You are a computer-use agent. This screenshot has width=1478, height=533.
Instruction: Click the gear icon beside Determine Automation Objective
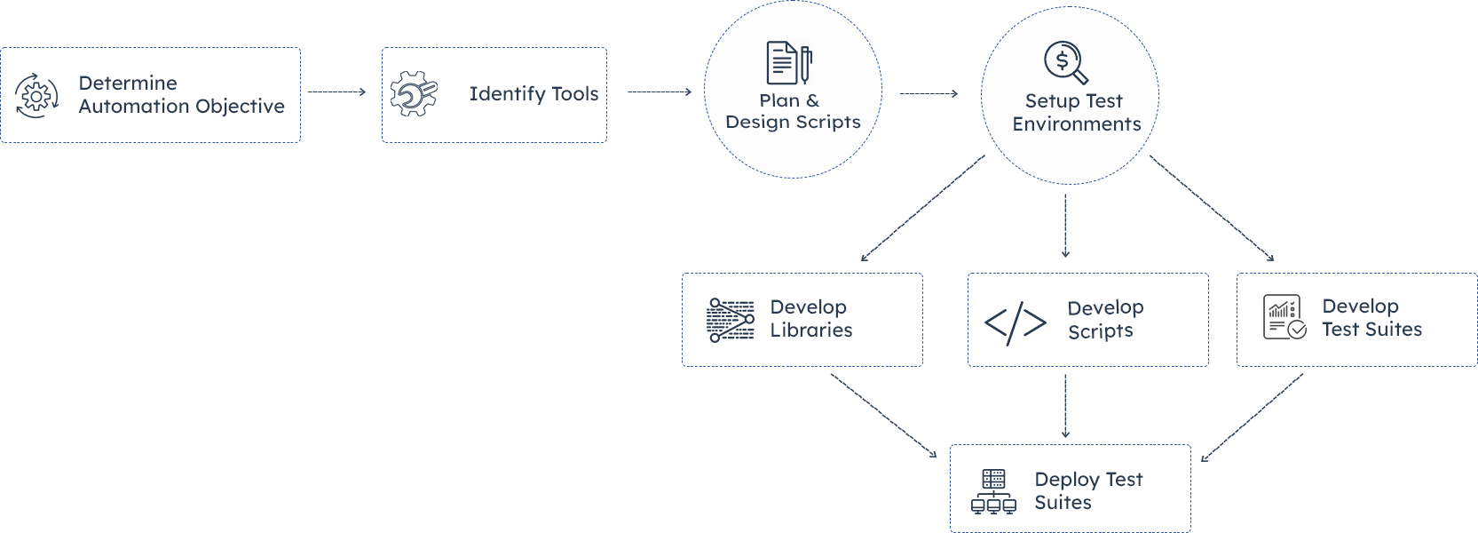(36, 96)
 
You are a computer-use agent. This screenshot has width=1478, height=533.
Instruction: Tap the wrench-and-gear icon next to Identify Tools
(414, 93)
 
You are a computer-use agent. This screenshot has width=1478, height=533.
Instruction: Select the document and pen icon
(788, 63)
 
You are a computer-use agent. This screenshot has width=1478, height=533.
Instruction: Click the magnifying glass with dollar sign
(1065, 62)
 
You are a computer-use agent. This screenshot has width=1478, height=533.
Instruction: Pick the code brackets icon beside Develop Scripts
(1016, 322)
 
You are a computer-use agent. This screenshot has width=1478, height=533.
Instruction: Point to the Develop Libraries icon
(731, 320)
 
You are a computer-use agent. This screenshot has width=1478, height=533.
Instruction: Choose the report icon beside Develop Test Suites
(1284, 317)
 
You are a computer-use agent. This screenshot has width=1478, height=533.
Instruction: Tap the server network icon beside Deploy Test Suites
(993, 492)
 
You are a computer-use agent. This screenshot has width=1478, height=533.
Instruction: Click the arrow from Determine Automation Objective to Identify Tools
(336, 91)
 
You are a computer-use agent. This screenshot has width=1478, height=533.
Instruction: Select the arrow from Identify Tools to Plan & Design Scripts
(660, 91)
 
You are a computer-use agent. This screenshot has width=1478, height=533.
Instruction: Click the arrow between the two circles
(929, 93)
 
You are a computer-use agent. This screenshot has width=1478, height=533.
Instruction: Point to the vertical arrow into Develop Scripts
(1065, 226)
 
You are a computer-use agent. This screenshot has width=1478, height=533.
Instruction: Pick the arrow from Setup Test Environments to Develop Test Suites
(1212, 208)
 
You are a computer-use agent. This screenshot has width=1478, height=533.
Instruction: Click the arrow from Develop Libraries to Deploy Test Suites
(883, 415)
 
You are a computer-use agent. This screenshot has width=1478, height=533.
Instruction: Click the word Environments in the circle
(1077, 124)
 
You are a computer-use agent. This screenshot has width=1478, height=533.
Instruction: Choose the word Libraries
(811, 330)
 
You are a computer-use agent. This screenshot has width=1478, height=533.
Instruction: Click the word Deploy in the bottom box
(1067, 480)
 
